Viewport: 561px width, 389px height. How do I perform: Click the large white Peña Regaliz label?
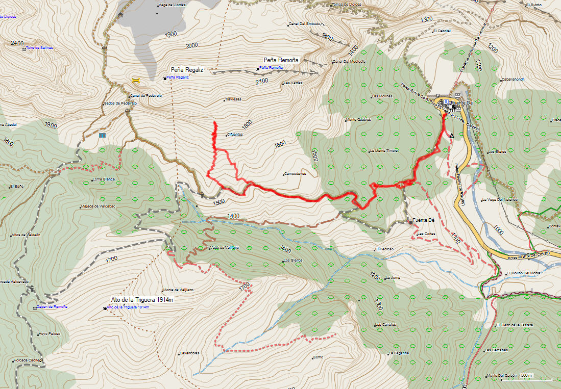click(x=187, y=69)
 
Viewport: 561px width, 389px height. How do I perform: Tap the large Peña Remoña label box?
click(x=281, y=60)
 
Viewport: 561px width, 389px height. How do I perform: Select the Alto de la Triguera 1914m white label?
click(x=142, y=300)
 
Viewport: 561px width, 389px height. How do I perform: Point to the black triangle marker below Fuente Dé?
click(x=452, y=136)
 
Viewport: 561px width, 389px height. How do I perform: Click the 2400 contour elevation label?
click(x=17, y=43)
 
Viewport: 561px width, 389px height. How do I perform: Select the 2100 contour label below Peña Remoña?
click(x=261, y=81)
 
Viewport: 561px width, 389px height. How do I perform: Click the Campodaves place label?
click(x=296, y=173)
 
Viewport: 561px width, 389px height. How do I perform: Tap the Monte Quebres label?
click(x=359, y=120)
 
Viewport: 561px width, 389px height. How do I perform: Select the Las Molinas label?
click(x=382, y=96)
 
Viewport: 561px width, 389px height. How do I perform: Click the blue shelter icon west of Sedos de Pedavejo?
click(x=102, y=136)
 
